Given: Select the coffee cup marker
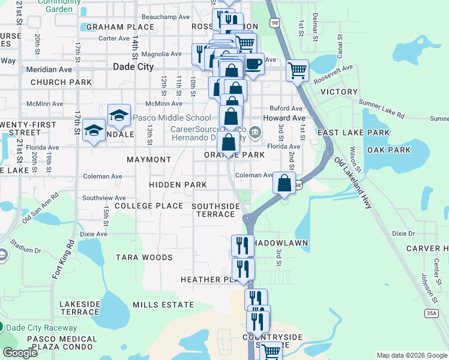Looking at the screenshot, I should [253, 64].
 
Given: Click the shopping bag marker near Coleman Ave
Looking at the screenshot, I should [285, 182].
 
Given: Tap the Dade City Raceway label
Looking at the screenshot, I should [42, 328].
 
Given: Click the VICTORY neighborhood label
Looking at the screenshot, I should [339, 92].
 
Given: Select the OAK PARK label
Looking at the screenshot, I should [389, 150].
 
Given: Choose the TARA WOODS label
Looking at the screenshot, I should [144, 257].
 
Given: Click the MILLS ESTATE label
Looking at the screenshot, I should [163, 305].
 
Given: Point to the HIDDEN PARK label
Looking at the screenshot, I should [173, 185].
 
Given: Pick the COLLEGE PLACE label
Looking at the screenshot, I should [149, 206].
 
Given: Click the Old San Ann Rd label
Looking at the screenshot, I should [40, 207].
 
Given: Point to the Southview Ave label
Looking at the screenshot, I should [104, 197].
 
